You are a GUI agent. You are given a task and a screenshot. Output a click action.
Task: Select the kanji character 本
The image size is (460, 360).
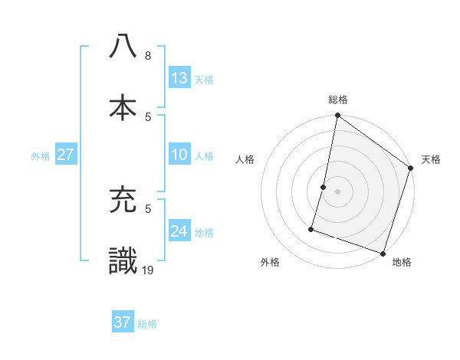[x=123, y=106]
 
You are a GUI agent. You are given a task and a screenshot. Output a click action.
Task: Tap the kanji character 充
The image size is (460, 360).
[x=123, y=201]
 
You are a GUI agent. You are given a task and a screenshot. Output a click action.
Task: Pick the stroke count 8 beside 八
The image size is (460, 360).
[x=148, y=56]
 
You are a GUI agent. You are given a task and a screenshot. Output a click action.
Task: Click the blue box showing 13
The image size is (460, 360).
[x=179, y=78]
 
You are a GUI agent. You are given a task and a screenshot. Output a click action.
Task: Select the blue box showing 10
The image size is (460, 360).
[x=179, y=155]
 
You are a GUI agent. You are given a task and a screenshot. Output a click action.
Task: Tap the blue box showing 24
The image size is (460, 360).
[x=179, y=231]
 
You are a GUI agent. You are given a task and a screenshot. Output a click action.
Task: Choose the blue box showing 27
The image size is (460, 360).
[x=66, y=155]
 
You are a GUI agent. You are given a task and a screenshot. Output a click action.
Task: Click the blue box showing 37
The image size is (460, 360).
[x=123, y=322]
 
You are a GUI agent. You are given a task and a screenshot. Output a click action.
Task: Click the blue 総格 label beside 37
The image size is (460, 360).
[x=147, y=324]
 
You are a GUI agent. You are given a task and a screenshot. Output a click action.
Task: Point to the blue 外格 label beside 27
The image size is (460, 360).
[x=41, y=155]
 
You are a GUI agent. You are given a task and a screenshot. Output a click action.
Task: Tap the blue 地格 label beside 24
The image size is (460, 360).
[x=204, y=232]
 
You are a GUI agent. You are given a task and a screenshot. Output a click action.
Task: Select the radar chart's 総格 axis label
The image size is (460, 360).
[x=338, y=100]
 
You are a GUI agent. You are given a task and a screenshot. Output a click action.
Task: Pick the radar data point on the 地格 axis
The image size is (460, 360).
[x=383, y=253]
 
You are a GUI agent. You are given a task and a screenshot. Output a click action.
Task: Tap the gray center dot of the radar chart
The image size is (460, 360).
[x=337, y=191]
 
